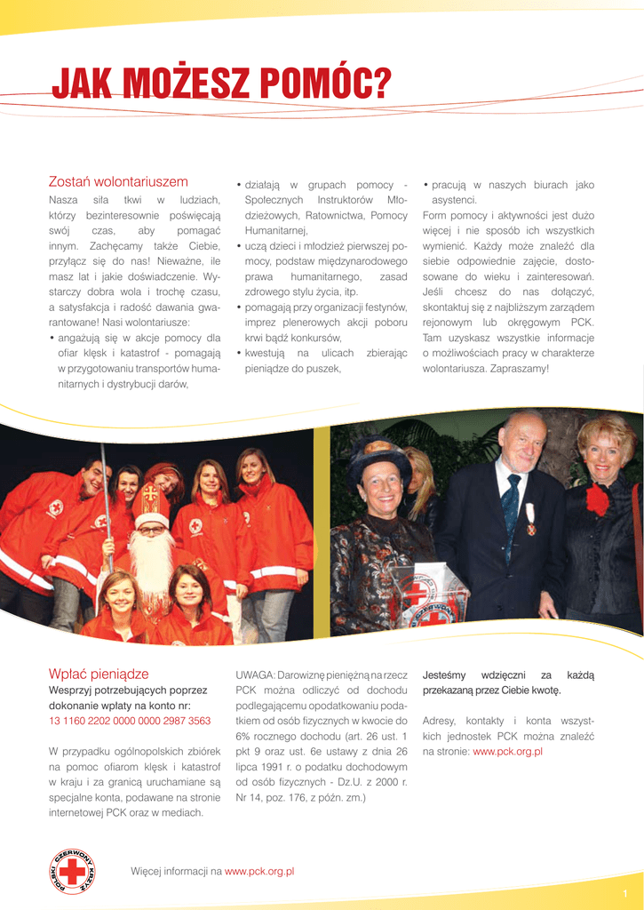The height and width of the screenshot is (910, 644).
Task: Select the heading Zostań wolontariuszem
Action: click(118, 181)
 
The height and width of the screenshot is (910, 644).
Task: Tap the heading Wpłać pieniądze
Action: click(99, 674)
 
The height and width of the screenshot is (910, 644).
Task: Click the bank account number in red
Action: click(130, 721)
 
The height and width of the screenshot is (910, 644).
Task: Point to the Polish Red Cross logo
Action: click(72, 871)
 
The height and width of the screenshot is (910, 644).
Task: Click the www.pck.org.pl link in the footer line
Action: click(259, 872)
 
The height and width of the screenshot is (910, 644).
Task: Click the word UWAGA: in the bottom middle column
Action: click(256, 675)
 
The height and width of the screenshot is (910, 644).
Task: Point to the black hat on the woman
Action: click(378, 454)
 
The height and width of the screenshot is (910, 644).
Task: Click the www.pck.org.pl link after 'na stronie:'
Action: click(507, 752)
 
